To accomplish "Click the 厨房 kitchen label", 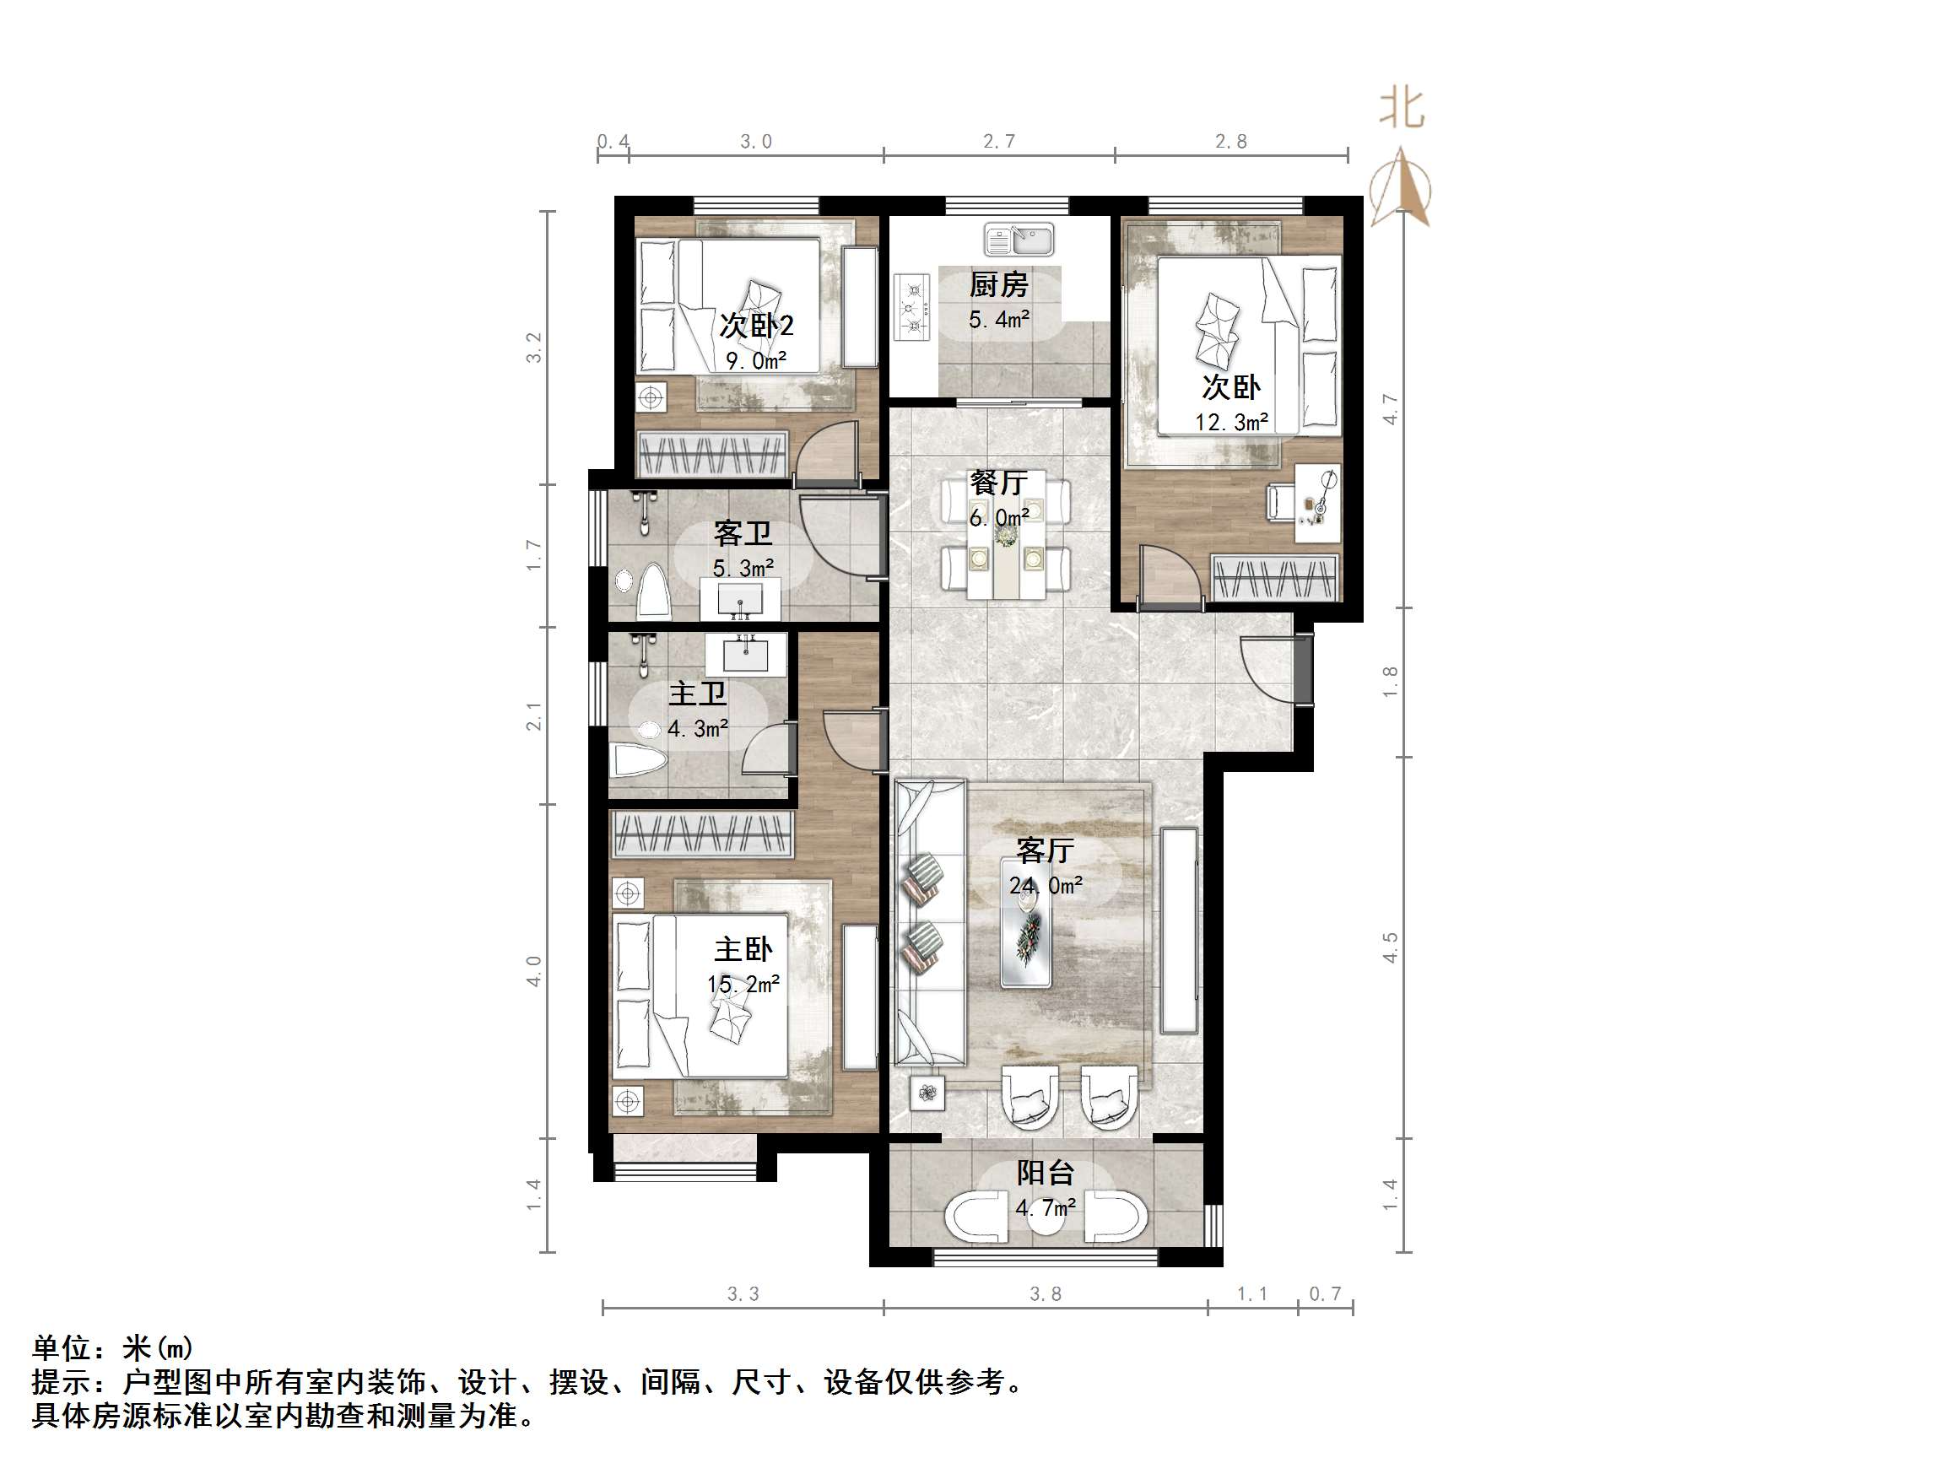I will (998, 285).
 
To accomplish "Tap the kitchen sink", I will (1019, 239).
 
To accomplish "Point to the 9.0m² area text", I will (756, 360).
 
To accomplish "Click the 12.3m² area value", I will (1231, 423).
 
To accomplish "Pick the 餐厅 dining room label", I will (998, 483).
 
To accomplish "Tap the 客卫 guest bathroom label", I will (743, 533).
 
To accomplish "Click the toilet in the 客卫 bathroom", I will (653, 590).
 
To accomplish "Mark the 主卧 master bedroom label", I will (743, 950).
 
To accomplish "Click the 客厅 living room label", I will (1046, 850).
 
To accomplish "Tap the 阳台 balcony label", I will (1046, 1173).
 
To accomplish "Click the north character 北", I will (1402, 110).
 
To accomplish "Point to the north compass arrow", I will (1401, 188).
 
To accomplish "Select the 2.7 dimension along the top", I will (999, 141).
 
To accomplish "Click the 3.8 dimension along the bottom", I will (1046, 1293).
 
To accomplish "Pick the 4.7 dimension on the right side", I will (1391, 409).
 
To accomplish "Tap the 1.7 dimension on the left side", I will (533, 554).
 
